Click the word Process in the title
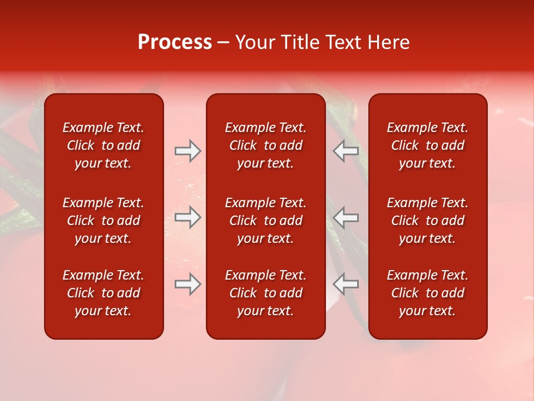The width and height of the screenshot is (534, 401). [175, 42]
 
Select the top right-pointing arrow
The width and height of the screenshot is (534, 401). [187, 151]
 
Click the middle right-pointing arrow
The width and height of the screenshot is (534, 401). [187, 217]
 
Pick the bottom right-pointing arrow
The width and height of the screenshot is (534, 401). [187, 284]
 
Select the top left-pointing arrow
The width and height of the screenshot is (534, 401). [346, 151]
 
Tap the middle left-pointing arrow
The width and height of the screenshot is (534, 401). [346, 217]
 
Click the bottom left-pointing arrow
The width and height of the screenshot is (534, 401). [346, 284]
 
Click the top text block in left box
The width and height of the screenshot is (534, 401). [103, 145]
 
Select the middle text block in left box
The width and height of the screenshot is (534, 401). [103, 221]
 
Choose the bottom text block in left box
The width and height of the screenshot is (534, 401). [103, 293]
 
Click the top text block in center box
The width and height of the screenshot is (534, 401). [265, 145]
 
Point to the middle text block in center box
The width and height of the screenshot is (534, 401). [265, 221]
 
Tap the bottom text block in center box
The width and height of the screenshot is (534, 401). [265, 293]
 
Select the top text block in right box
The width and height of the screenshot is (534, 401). [427, 145]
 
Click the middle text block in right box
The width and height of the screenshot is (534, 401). [427, 221]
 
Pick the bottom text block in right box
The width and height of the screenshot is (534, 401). [427, 293]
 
